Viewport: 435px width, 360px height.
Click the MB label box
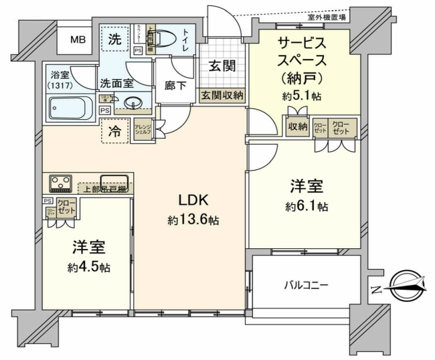pyautogui.click(x=78, y=40)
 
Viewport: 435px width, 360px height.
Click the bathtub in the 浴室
pyautogui.click(x=72, y=107)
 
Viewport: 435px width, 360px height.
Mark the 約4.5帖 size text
pyautogui.click(x=89, y=267)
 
